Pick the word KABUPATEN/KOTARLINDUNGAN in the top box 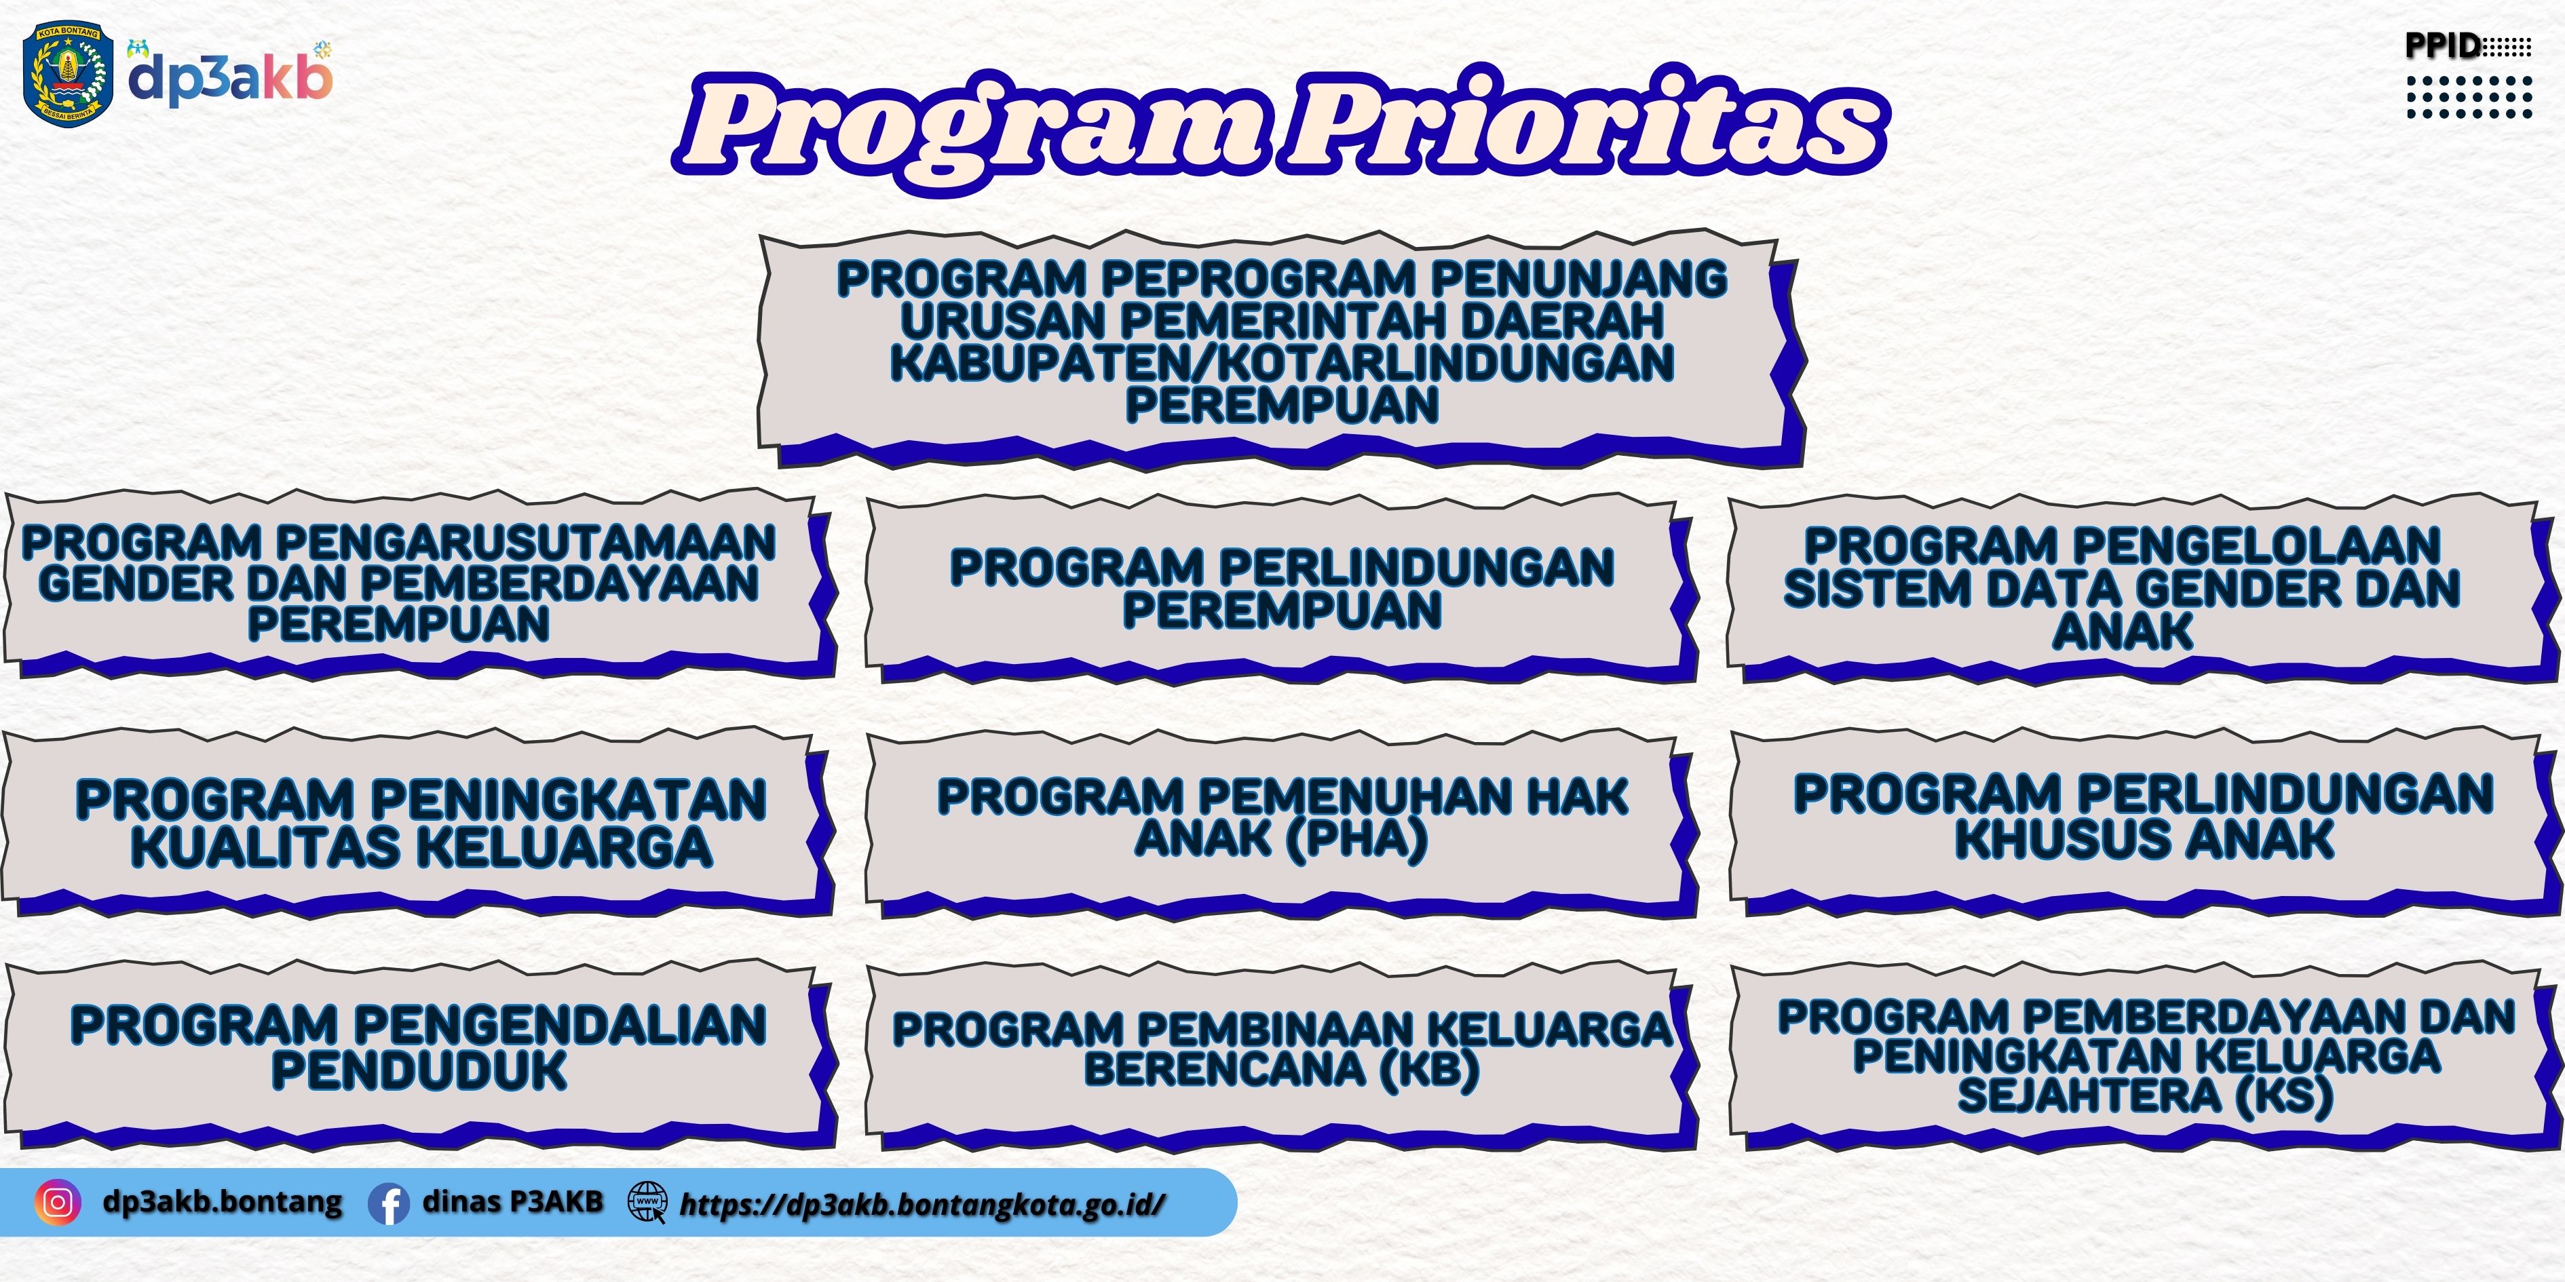click(x=1282, y=362)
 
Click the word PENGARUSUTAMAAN click(x=525, y=543)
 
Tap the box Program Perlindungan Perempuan click(x=1282, y=589)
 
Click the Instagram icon click(x=58, y=1203)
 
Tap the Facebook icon click(x=388, y=1203)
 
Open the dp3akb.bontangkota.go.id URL click(x=922, y=1205)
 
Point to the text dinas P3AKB click(x=513, y=1201)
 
